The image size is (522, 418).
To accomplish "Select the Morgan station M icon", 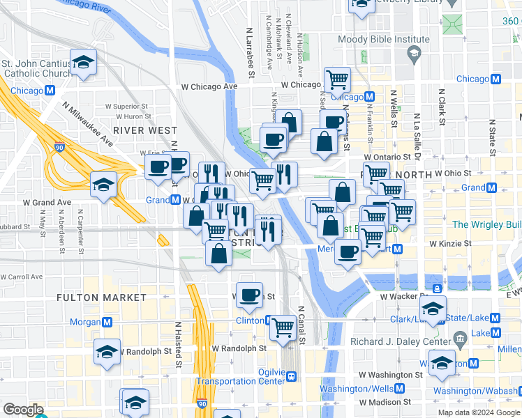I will (x=107, y=323).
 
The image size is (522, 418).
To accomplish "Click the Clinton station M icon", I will (x=270, y=320).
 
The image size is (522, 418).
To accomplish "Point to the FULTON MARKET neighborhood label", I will (x=102, y=297).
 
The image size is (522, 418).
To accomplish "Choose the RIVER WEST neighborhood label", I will (x=145, y=130).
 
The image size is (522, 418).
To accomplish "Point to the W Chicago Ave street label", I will (x=209, y=86).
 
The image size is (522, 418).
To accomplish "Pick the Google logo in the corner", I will (x=22, y=409).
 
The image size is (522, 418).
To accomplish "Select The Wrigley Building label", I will (x=486, y=224).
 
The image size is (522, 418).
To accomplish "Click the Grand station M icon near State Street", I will (x=492, y=188).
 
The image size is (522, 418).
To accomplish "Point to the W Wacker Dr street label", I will (x=403, y=296).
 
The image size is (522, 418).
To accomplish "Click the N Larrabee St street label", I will (x=249, y=54).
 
